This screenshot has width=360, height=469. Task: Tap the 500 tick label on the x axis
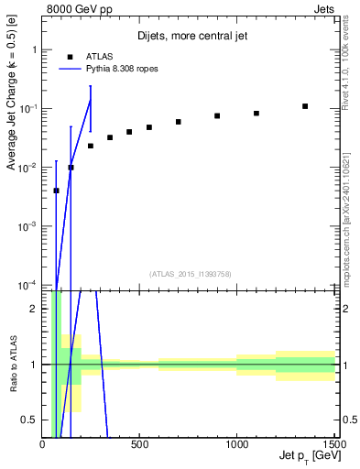click(x=139, y=445)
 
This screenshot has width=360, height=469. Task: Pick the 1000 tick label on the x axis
click(x=236, y=445)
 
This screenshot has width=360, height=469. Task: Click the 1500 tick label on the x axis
click(x=333, y=445)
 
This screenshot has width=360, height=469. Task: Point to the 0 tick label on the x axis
click(x=43, y=445)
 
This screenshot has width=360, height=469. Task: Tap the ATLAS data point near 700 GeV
click(x=179, y=122)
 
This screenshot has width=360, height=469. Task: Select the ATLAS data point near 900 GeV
click(x=217, y=115)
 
